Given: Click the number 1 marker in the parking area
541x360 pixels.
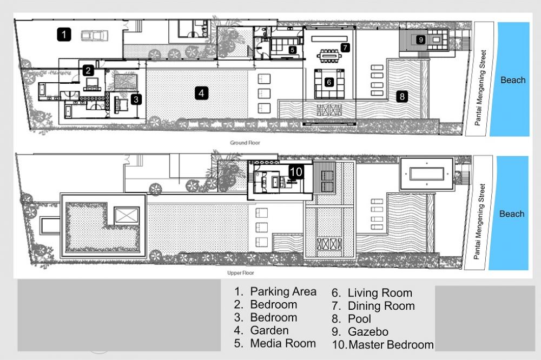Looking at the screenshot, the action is click(64, 35).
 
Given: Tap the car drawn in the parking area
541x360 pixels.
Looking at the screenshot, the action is click(95, 36).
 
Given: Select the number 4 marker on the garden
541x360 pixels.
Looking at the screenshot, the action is click(201, 93).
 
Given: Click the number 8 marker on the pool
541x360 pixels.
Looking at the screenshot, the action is click(402, 97).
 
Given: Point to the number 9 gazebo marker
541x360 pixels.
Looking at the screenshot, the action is click(420, 39).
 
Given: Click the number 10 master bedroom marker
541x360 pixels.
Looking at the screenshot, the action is click(296, 171).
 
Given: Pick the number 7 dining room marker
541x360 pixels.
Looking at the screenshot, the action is click(345, 48).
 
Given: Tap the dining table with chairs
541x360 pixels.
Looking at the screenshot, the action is click(329, 56).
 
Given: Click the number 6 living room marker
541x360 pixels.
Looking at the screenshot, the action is click(329, 82).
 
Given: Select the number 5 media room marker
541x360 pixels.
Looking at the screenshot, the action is click(293, 50).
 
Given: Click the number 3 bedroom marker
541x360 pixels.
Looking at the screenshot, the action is click(136, 99).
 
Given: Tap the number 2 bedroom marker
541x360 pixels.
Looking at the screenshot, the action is click(88, 70).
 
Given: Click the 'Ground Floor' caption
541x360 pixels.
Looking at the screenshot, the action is click(245, 142).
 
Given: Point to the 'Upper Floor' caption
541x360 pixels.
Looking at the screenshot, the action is click(241, 273).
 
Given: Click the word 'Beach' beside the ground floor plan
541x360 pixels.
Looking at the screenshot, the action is click(513, 80).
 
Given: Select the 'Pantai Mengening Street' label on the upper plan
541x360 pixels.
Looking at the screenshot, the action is click(479, 222).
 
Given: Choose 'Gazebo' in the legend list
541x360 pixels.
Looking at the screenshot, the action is click(368, 332).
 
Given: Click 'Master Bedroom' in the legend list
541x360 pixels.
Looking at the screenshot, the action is click(391, 344).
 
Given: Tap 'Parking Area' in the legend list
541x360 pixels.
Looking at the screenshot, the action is click(283, 291).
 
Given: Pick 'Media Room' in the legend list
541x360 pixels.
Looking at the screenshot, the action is click(283, 343).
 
